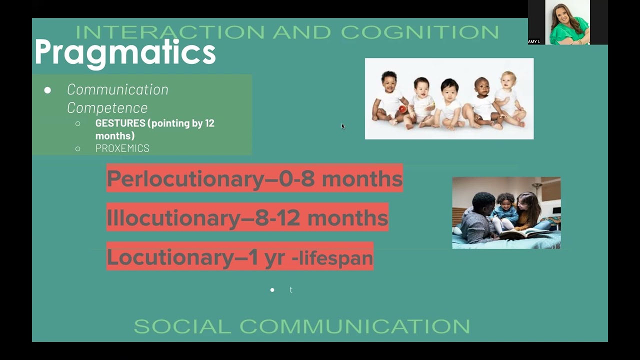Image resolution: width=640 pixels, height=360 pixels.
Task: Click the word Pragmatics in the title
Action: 125,52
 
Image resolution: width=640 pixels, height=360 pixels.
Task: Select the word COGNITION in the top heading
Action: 420,32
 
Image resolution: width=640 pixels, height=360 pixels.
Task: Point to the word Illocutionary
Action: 173,218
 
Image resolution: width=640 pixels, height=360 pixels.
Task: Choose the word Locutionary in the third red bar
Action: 169,257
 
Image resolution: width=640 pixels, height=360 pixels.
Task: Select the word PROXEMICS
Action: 122,148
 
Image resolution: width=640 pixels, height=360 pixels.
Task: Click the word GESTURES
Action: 120,123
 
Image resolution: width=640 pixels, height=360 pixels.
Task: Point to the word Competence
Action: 107,107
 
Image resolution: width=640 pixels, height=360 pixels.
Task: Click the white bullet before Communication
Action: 47,90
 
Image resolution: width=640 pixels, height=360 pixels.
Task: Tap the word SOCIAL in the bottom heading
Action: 182,326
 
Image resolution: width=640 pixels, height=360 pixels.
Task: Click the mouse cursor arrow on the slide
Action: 343,126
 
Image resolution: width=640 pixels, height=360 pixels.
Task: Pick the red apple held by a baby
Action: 402,109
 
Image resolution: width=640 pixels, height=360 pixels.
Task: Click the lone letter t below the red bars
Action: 290,290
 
